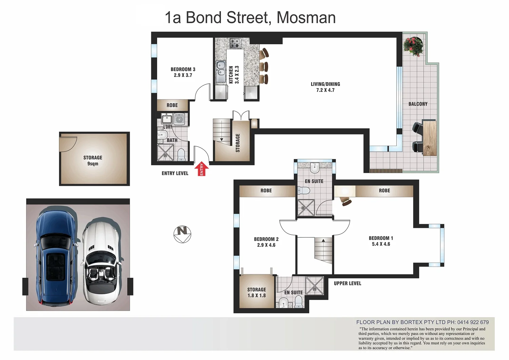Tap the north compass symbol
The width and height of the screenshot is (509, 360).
182,234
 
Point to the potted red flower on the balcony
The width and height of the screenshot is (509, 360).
413,46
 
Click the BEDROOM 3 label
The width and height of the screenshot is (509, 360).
183,69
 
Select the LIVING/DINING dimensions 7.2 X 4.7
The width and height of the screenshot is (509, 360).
325,90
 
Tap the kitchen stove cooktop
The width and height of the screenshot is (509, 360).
234,43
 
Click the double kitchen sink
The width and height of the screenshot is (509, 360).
221,68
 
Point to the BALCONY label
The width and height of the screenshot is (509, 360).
418,104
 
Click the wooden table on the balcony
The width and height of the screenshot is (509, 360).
429,138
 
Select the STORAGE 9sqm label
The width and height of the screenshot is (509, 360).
93,160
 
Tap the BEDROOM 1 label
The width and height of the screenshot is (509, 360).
381,238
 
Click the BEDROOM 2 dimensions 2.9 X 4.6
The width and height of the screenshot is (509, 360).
266,245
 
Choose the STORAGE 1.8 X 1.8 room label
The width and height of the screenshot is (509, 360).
257,292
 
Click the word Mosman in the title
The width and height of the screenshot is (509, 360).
306,18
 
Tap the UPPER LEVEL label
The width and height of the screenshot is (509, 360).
347,283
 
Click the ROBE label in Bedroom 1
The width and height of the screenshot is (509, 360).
384,191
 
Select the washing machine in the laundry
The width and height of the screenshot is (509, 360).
179,119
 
